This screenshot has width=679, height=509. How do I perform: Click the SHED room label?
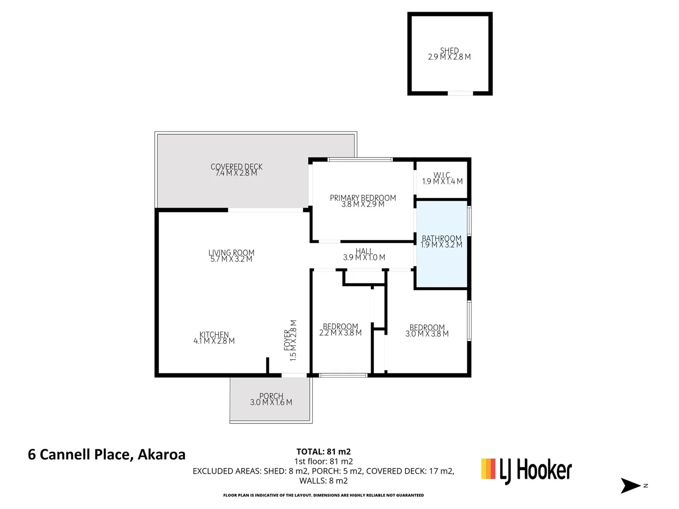click(449, 50)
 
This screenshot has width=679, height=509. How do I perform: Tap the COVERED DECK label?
click(236, 166)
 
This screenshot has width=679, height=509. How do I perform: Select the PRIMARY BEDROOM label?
click(363, 197)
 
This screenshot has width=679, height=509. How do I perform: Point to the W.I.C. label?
click(442, 175)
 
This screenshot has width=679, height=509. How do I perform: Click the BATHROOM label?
click(441, 238)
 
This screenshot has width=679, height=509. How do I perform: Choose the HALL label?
click(364, 251)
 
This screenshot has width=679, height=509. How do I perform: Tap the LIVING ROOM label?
click(231, 253)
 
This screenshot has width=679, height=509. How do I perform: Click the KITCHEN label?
click(214, 335)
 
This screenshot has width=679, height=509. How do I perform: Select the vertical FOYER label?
click(287, 340)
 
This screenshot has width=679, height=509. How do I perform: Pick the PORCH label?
click(271, 396)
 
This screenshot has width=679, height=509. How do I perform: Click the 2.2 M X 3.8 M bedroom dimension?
click(340, 333)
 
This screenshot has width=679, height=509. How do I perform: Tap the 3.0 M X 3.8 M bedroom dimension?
click(427, 334)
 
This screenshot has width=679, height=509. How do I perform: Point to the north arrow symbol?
click(630, 485)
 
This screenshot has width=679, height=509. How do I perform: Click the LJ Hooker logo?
click(526, 470)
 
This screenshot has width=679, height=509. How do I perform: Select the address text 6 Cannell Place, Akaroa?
click(107, 454)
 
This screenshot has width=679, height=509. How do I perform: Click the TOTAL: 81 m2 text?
click(323, 452)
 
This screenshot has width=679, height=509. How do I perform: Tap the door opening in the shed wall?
click(460, 93)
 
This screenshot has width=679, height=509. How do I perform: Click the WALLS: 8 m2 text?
click(323, 481)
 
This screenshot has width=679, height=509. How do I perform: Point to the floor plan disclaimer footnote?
click(323, 495)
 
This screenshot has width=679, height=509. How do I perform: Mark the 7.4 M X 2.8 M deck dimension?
click(236, 173)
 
